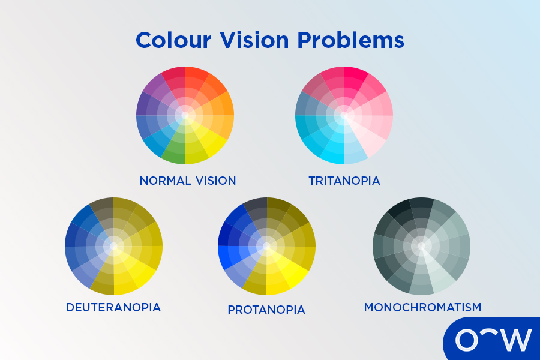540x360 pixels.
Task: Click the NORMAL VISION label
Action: click(x=188, y=181)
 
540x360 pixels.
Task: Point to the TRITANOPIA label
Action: click(x=344, y=181)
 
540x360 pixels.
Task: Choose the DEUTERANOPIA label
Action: click(x=113, y=307)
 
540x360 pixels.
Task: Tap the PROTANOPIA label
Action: click(x=266, y=310)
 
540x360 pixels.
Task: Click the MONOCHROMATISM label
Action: click(x=422, y=307)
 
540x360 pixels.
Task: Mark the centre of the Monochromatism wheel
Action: click(x=421, y=246)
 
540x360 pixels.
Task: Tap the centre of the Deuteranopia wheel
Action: click(x=113, y=246)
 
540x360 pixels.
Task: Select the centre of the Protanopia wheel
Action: click(x=266, y=246)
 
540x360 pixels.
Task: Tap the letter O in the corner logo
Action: click(x=467, y=340)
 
